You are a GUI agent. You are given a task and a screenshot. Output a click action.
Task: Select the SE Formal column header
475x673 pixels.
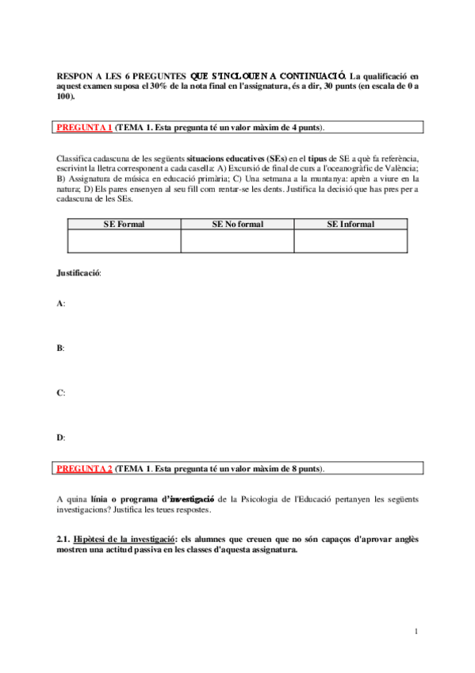(124, 225)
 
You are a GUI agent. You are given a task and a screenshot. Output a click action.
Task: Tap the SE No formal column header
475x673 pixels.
(237, 225)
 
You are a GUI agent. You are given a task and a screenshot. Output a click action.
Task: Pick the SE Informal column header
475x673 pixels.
(351, 225)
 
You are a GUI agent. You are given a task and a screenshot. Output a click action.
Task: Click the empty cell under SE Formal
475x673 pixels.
(124, 241)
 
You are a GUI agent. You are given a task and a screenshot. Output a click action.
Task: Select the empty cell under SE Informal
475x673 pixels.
(351, 241)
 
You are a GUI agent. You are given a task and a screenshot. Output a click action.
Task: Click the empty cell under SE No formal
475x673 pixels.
(237, 241)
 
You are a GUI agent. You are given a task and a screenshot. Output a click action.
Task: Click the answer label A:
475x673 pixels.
(61, 304)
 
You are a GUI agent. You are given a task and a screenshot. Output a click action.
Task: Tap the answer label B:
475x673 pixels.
(61, 348)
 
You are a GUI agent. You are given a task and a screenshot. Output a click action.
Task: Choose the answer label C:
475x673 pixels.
(61, 393)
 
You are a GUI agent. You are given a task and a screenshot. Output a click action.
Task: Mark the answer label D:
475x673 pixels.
(61, 437)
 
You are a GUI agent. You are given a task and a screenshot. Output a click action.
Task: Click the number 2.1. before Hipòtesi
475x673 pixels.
(64, 540)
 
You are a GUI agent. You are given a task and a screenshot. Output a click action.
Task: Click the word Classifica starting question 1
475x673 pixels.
(78, 159)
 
